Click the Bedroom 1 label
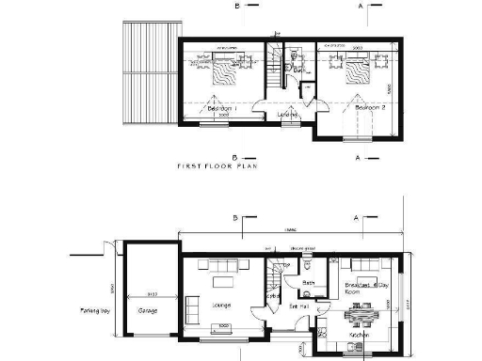pos(221,109)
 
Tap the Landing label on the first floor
pos(288,116)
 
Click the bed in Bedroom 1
pos(225,71)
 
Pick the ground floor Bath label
pos(308,281)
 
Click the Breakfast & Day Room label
pos(366,286)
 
